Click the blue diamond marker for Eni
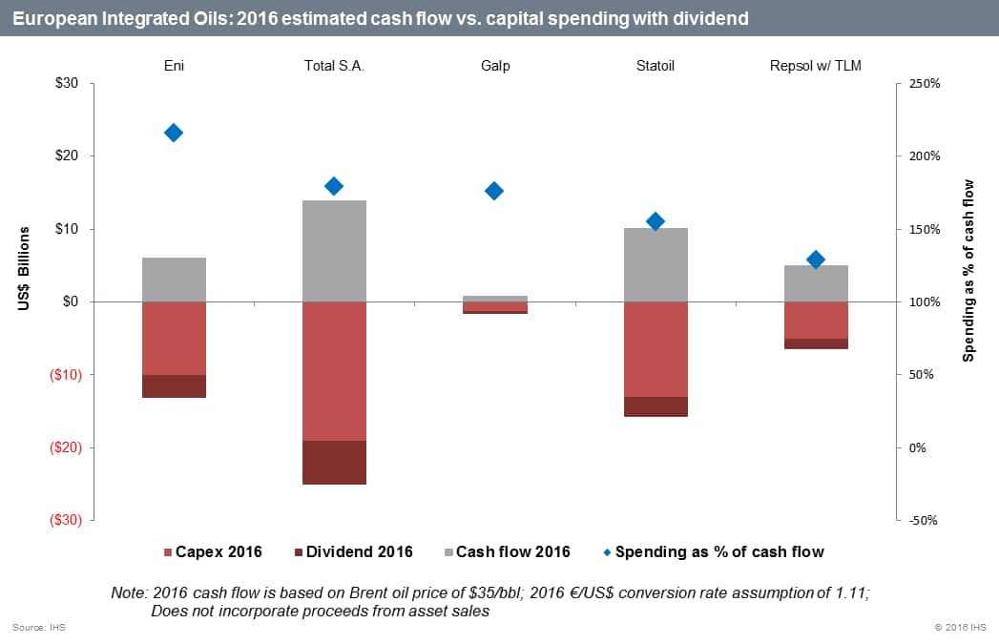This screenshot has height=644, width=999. tap(174, 133)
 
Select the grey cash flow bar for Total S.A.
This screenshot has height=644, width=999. tap(334, 251)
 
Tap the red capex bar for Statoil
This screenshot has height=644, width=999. tap(656, 349)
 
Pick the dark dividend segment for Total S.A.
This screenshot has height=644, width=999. tap(334, 462)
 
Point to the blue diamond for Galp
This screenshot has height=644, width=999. tap(494, 191)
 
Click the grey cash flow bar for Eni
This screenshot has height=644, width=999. tap(174, 280)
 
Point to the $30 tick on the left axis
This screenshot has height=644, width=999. tap(67, 84)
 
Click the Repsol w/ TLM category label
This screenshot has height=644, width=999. tap(816, 66)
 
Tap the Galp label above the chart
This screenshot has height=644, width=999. tap(494, 66)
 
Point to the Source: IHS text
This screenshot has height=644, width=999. tap(39, 627)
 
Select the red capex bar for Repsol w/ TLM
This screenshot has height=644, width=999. tap(816, 321)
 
